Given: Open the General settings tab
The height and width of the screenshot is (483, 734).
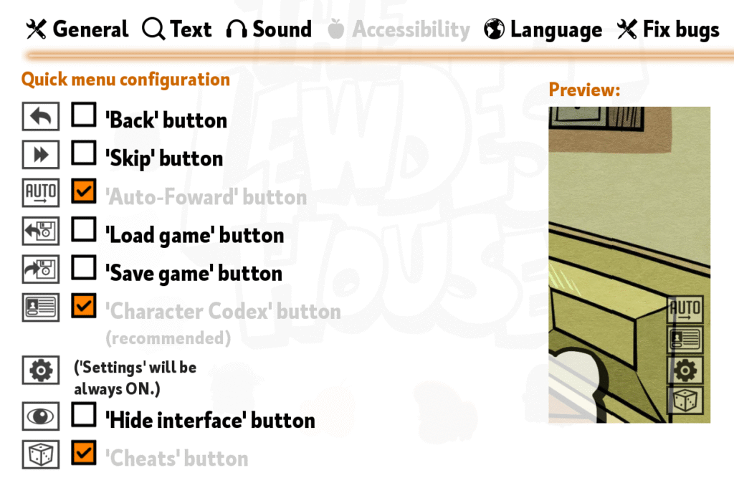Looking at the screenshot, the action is tap(77, 29).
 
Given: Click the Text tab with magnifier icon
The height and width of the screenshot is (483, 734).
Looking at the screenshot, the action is tap(177, 29).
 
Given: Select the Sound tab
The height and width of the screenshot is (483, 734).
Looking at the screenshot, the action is tap(269, 29).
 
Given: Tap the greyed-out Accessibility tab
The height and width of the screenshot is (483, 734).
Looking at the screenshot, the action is tap(399, 29).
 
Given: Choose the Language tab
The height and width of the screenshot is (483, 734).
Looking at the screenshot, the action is tap(543, 29).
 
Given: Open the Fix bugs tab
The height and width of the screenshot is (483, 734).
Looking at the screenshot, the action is tap(668, 29).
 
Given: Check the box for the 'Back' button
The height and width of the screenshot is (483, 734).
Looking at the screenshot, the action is tap(84, 115).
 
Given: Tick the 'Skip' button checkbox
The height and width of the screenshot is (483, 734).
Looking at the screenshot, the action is tap(84, 153).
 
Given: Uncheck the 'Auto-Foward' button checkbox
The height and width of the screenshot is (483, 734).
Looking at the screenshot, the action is tap(84, 191).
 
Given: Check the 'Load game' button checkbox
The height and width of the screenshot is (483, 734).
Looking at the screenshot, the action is tap(84, 229).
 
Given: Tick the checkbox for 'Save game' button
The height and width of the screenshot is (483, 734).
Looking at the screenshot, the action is tap(84, 268).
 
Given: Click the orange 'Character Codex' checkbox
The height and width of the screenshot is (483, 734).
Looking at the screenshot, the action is tap(84, 306).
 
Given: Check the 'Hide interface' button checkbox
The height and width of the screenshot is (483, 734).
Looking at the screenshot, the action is tap(84, 415).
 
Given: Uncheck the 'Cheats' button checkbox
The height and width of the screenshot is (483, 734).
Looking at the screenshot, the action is tap(84, 453).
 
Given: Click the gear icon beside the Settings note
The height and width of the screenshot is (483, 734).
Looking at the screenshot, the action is tap(41, 370).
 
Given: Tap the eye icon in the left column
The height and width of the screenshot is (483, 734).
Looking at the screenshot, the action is tap(41, 416).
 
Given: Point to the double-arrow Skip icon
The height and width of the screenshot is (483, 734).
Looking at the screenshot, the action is tap(41, 155).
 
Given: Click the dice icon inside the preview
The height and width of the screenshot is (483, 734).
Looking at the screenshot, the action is tap(685, 401).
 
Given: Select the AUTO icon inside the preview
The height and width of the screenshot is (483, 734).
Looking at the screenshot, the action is tap(685, 310).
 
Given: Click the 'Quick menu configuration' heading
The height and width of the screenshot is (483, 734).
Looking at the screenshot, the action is tap(126, 80).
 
